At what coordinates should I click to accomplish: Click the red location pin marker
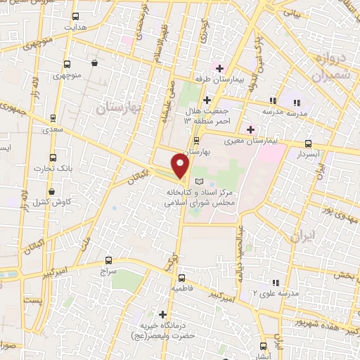(181, 167)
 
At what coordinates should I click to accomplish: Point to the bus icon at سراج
(108, 259)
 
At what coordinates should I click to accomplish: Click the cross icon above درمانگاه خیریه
(163, 314)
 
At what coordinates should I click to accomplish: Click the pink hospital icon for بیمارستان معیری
(250, 129)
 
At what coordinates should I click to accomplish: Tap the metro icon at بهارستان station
(197, 140)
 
